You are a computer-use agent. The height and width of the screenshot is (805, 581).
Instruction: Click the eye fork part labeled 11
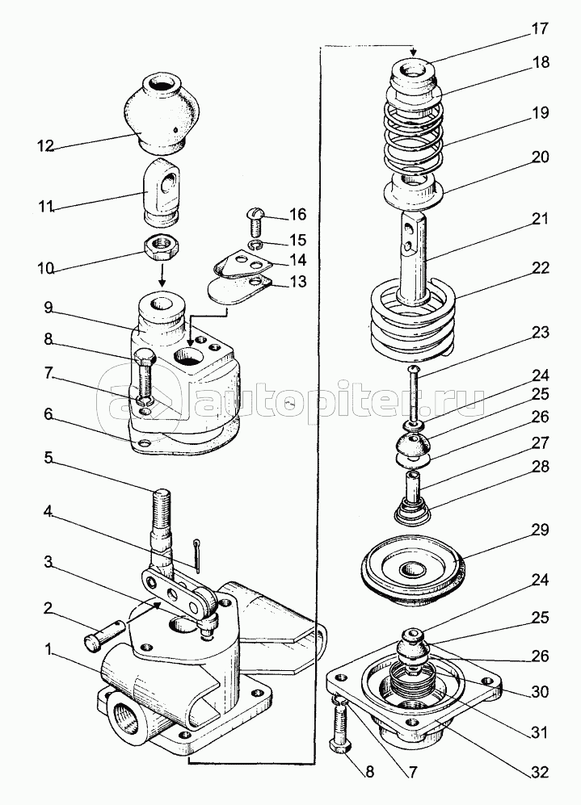click(x=162, y=192)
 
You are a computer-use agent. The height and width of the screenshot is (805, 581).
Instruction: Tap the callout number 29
click(x=540, y=530)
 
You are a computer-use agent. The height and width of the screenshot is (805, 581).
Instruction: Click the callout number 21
click(x=540, y=218)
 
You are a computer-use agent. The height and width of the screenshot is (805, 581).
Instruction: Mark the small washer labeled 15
click(x=255, y=244)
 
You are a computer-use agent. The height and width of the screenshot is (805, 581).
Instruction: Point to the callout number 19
click(x=540, y=114)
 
